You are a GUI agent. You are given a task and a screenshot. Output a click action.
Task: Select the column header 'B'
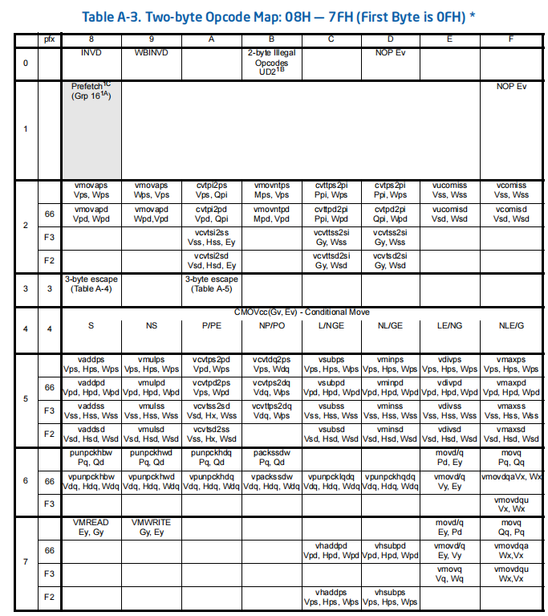(270, 38)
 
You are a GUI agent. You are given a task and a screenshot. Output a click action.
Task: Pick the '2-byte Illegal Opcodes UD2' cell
(270, 62)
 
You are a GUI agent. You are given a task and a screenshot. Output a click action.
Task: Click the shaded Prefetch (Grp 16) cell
(91, 129)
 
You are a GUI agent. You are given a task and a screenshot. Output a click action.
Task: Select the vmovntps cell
(270, 190)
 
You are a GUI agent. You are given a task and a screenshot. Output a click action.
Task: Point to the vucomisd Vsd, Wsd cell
(450, 213)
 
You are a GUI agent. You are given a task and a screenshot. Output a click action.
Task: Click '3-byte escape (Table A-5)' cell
(211, 284)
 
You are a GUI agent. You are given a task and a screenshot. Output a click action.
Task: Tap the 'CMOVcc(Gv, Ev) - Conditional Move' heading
(302, 311)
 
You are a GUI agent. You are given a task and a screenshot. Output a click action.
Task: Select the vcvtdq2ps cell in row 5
(270, 365)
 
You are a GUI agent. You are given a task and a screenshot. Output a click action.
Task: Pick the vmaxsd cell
(510, 434)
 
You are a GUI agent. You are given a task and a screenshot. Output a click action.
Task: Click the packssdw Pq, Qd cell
(270, 458)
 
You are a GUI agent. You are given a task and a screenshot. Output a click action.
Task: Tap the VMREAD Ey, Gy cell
(91, 527)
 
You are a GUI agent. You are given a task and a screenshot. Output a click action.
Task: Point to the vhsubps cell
(390, 597)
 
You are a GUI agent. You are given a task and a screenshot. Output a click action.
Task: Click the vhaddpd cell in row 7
(331, 550)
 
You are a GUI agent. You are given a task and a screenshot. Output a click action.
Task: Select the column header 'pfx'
(49, 38)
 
